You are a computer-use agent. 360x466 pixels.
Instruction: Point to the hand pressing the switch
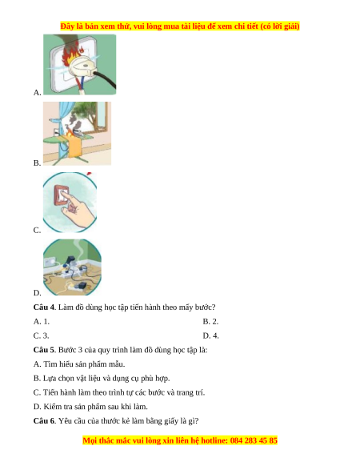(x=79, y=211)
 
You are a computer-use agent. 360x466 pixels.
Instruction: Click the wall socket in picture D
(x=50, y=262)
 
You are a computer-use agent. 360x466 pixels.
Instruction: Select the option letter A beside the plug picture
(x=37, y=92)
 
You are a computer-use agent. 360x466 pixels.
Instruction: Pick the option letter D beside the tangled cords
(x=37, y=293)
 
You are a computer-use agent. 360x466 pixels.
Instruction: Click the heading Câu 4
(x=45, y=307)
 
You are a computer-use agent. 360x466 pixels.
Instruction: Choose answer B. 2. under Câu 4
(x=210, y=321)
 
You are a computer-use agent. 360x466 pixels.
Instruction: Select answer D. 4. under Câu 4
(x=211, y=335)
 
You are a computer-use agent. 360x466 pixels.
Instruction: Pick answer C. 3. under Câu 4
(x=41, y=335)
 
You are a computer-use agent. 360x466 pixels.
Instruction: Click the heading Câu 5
(x=45, y=350)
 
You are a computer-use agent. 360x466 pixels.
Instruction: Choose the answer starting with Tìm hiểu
(x=79, y=364)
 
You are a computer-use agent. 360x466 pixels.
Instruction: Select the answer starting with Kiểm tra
(x=90, y=407)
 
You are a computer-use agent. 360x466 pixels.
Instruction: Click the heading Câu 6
(x=45, y=421)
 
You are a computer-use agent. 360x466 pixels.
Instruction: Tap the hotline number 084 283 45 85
(x=254, y=440)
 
